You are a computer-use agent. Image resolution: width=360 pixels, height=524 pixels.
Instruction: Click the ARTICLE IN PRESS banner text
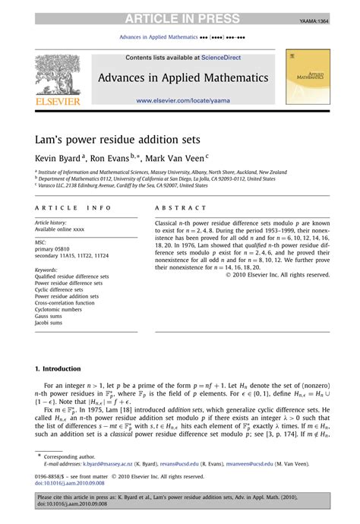click(181, 18)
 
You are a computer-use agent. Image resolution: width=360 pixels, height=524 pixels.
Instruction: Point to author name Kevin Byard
click(56, 160)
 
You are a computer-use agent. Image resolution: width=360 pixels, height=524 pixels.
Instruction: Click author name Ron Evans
click(111, 160)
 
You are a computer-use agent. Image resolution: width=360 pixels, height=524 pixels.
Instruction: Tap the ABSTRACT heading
click(180, 208)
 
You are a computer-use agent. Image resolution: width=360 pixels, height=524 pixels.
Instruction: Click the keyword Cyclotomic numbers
click(61, 310)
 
